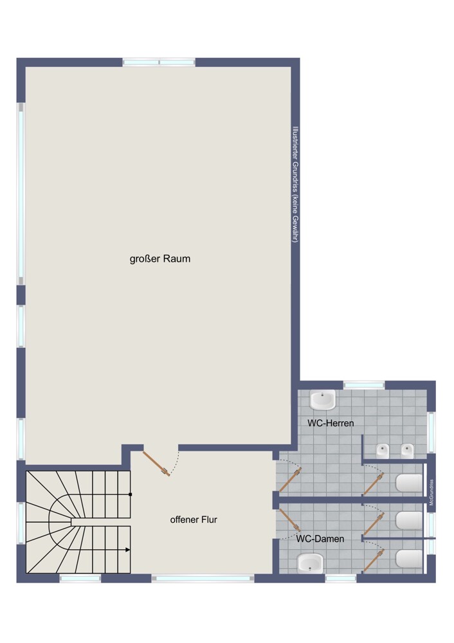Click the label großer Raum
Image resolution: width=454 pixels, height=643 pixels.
coord(160,258)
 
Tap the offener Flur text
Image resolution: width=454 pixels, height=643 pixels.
coord(194,520)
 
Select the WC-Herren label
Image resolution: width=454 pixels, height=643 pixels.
coord(331,423)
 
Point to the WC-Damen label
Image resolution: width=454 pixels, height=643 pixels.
coord(320,538)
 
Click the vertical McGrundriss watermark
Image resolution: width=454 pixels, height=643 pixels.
coord(431,492)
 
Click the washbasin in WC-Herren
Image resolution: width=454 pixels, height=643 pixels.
coord(322,400)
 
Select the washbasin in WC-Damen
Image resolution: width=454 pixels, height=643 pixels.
coord(310,563)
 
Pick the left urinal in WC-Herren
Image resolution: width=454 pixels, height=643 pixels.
coord(383,451)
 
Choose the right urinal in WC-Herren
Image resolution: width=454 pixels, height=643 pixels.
coord(407,451)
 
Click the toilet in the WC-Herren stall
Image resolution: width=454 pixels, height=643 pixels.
coord(409,483)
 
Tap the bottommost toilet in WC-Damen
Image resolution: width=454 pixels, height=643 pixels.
coord(409,559)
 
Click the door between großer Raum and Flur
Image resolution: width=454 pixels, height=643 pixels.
coord(156,464)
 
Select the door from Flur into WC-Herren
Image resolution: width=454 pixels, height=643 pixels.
coord(291,479)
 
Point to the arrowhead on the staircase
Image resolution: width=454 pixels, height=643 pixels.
coord(127,550)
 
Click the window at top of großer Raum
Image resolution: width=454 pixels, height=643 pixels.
coord(159,62)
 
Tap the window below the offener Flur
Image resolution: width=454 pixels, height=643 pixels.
coord(203,578)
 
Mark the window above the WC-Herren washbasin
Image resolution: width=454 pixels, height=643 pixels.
coord(364,385)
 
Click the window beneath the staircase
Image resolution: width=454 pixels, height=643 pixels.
coord(80,578)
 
